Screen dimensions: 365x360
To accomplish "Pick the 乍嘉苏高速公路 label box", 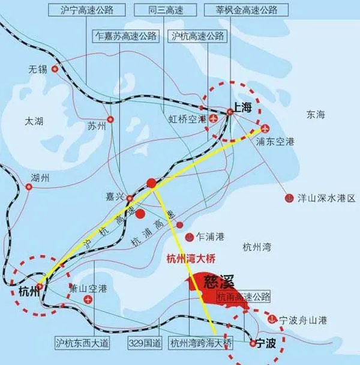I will pyautogui.click(x=125, y=36).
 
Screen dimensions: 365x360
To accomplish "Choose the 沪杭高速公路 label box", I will pyautogui.click(x=198, y=36).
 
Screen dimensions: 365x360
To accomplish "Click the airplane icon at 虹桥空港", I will pyautogui.click(x=215, y=118).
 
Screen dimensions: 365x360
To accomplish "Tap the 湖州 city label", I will pyautogui.click(x=40, y=178).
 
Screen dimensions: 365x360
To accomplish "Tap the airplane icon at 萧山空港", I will pyautogui.click(x=88, y=299).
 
